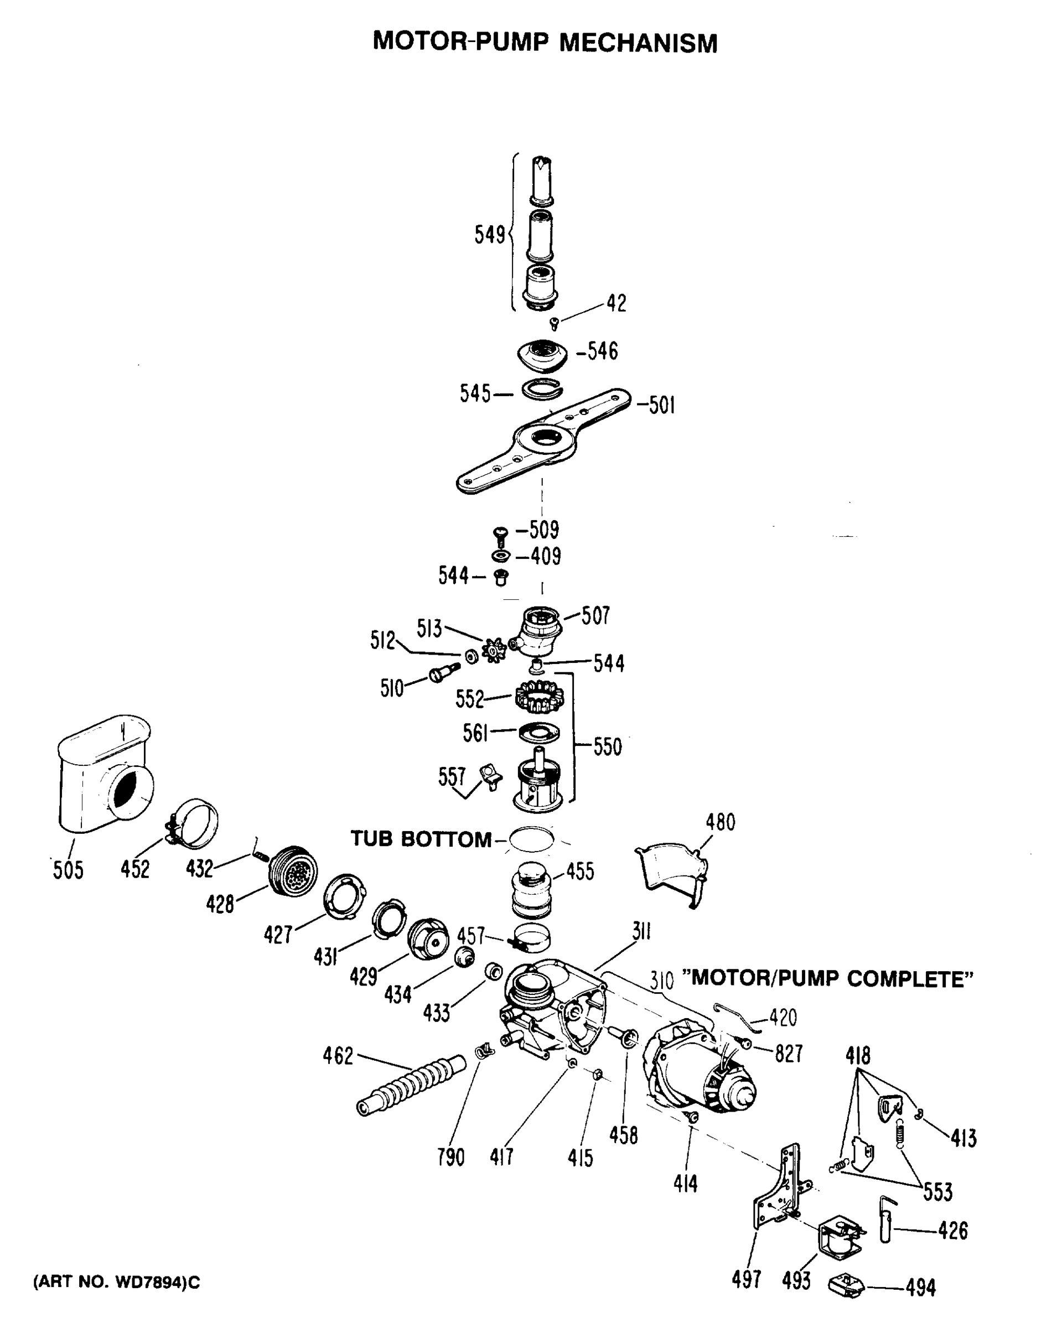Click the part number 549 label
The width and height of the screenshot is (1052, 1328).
[x=489, y=235]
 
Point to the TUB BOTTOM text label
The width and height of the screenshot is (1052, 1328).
[x=421, y=839]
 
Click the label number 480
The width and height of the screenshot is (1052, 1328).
[x=720, y=822]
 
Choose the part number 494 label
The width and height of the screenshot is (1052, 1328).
[x=920, y=1288]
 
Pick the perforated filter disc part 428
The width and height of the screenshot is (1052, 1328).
[x=294, y=871]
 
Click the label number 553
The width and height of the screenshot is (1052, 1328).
[x=937, y=1192]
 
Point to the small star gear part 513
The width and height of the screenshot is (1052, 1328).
[x=494, y=650]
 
